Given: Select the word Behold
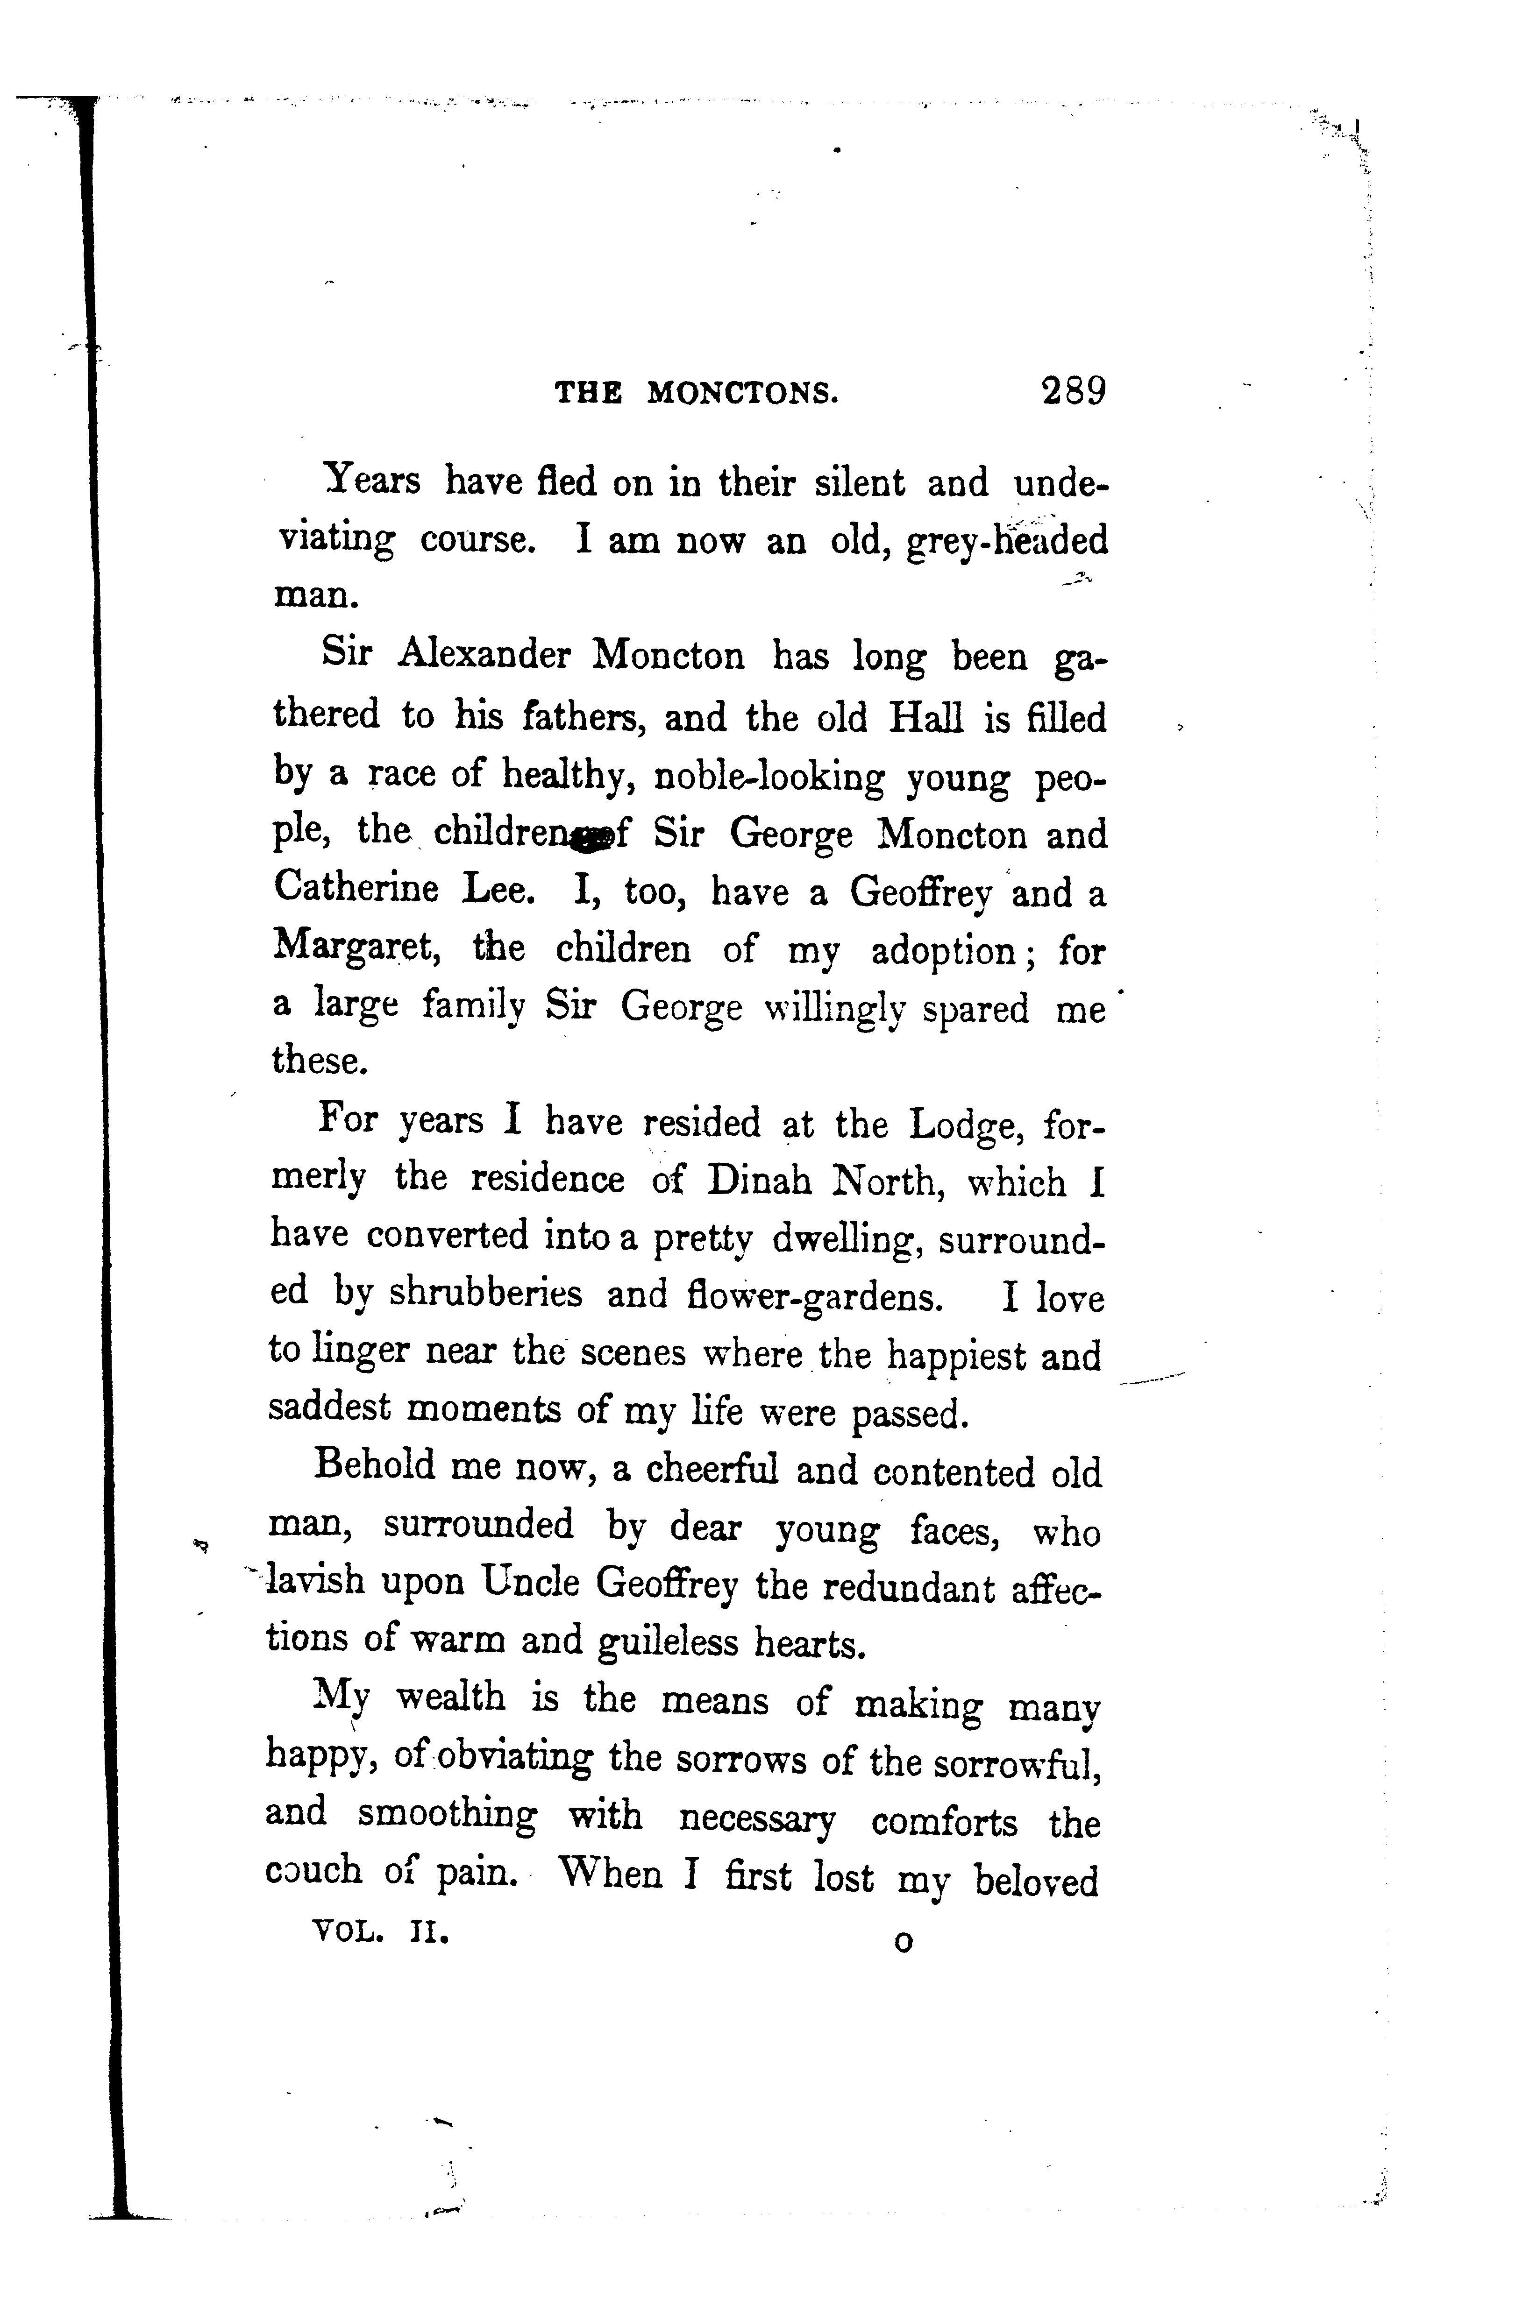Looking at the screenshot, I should (374, 1467).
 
